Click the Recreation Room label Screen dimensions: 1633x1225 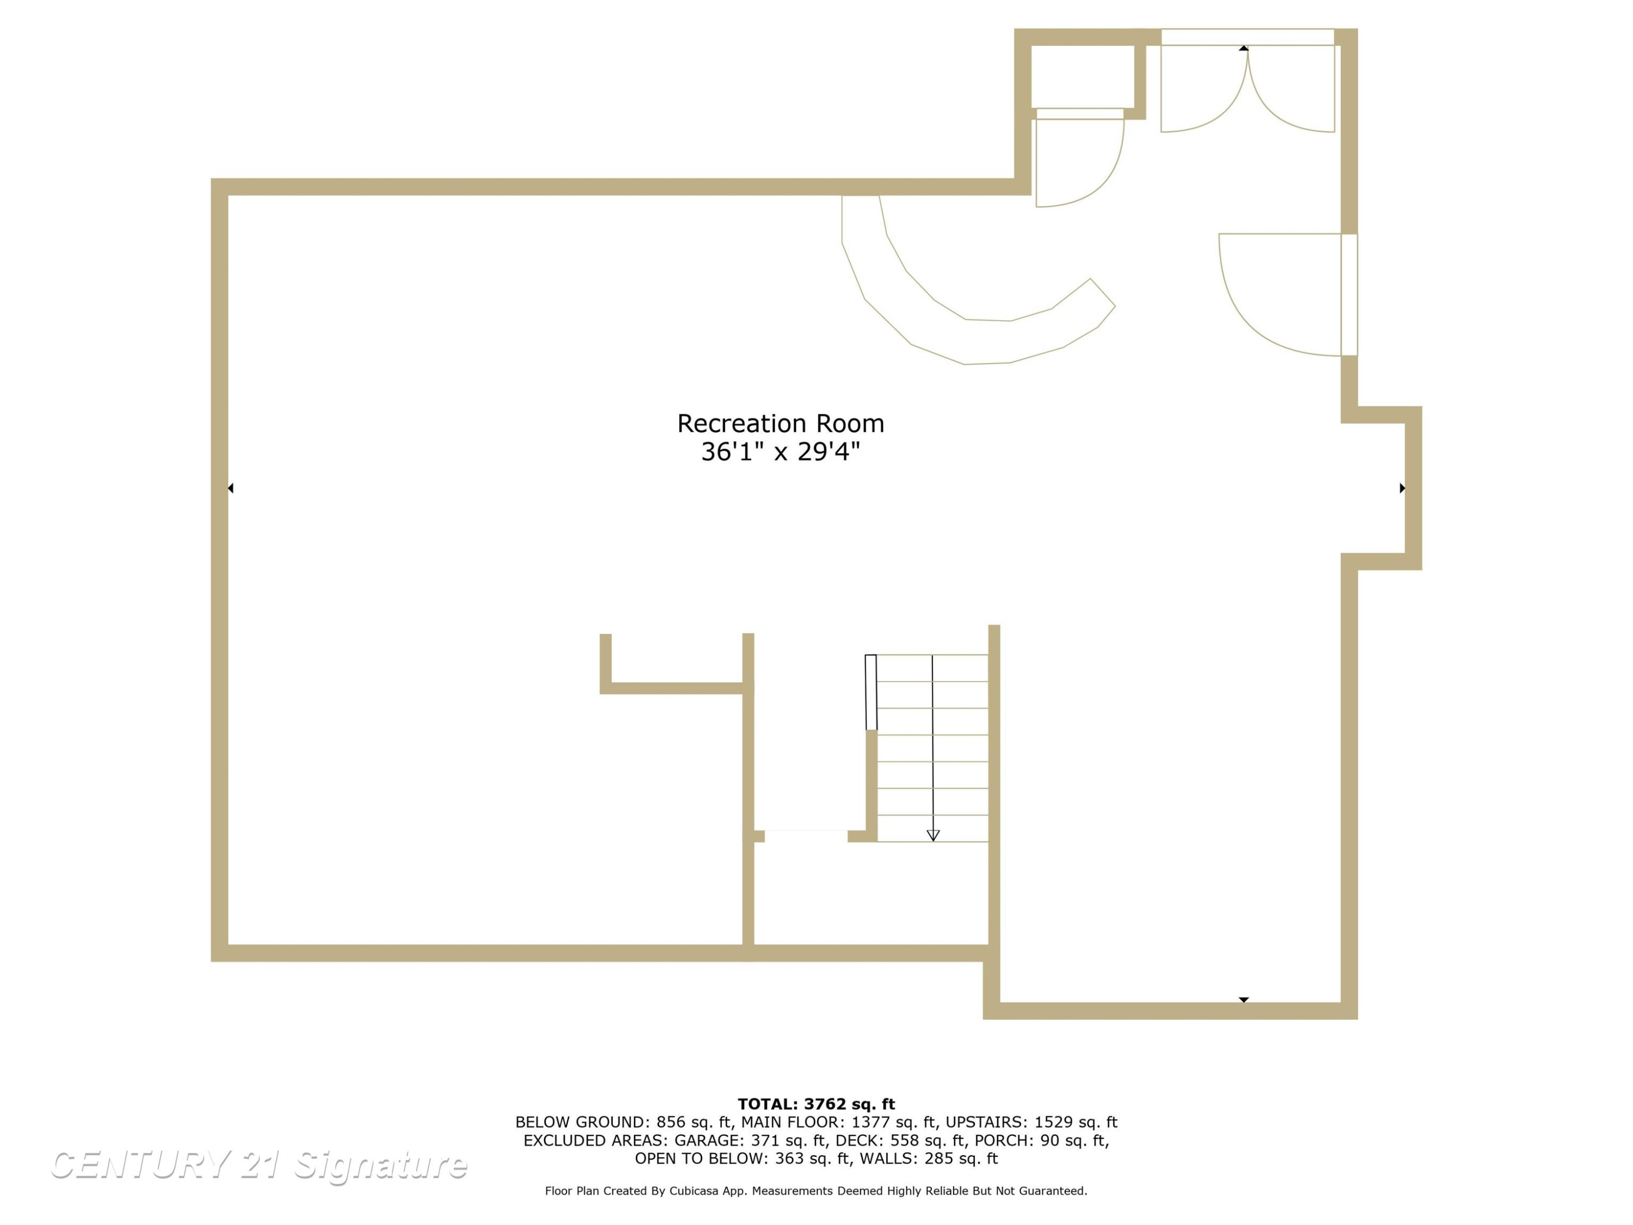(781, 423)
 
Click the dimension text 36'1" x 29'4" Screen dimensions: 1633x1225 (781, 451)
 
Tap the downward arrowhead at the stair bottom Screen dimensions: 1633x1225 (933, 835)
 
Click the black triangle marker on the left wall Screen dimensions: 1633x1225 (230, 488)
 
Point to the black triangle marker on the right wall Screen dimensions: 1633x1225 (1402, 488)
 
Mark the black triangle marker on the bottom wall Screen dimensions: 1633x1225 (1244, 1000)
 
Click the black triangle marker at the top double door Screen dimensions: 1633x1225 (1244, 48)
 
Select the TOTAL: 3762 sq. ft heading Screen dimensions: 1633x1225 (816, 1104)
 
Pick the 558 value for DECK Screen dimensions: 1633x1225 (905, 1141)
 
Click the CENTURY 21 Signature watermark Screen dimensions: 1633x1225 (259, 1165)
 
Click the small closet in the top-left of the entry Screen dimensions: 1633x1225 (1082, 76)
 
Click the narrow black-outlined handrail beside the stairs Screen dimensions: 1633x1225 (871, 693)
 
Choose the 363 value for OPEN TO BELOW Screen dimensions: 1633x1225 (790, 1159)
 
